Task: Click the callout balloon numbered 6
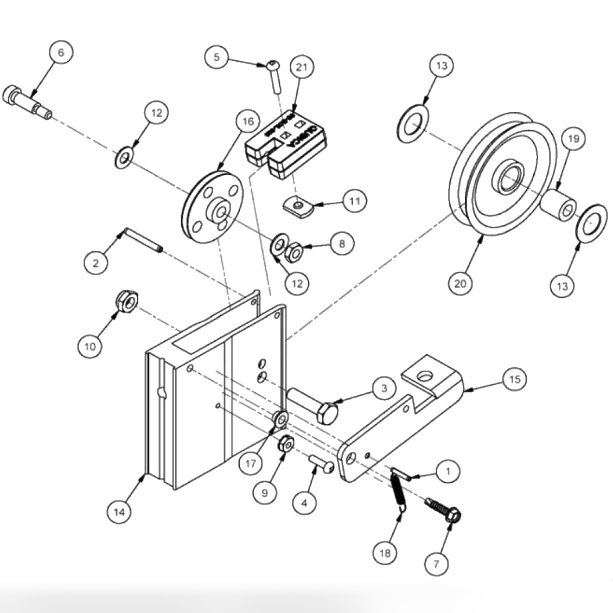61,53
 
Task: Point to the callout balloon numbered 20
461,283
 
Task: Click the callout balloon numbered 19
574,139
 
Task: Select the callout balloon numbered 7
437,564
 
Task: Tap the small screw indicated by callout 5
274,76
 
